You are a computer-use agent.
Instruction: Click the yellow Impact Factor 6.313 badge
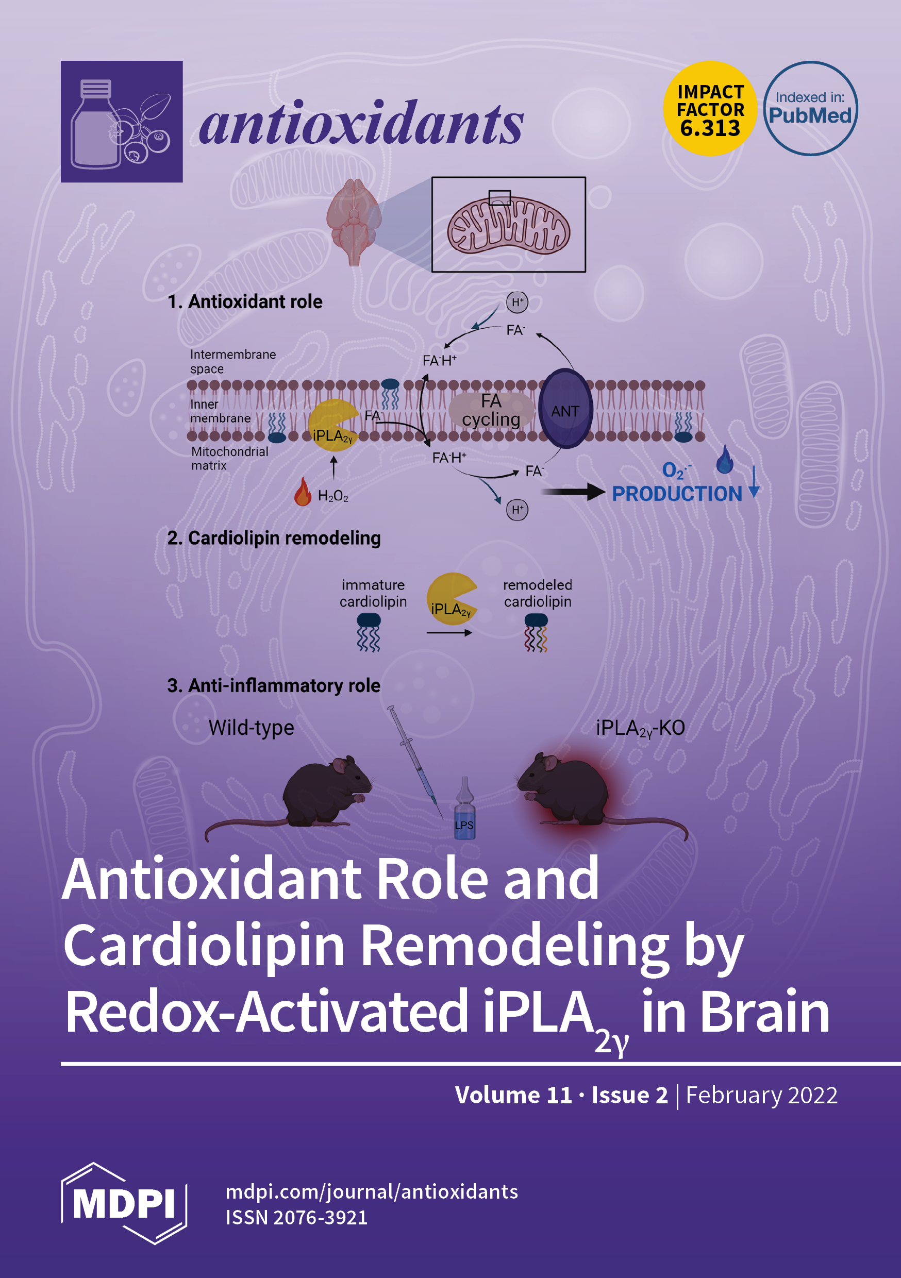pyautogui.click(x=709, y=109)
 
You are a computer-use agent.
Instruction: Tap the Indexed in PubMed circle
pyautogui.click(x=810, y=109)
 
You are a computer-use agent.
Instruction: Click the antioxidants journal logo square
pyautogui.click(x=122, y=121)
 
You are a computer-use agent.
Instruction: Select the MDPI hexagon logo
pyautogui.click(x=124, y=1203)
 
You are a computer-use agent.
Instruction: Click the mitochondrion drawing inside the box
pyautogui.click(x=508, y=225)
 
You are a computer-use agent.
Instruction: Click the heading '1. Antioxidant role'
pyautogui.click(x=245, y=301)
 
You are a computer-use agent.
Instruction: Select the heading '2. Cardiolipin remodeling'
pyautogui.click(x=274, y=538)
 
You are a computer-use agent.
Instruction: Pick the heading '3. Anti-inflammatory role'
pyautogui.click(x=274, y=686)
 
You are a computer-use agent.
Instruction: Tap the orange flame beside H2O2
pyautogui.click(x=303, y=492)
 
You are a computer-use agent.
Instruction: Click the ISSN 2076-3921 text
pyautogui.click(x=296, y=1217)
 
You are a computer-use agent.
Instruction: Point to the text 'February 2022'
pyautogui.click(x=761, y=1095)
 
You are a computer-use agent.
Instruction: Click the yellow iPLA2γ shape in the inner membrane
pyautogui.click(x=332, y=426)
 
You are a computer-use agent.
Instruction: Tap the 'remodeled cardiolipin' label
pyautogui.click(x=538, y=593)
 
